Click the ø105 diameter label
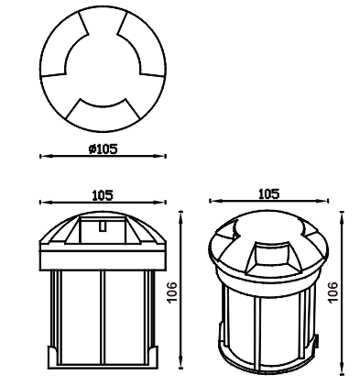tap(103, 149)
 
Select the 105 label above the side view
tap(103, 195)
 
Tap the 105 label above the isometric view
tap(269, 193)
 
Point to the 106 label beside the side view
tap(172, 292)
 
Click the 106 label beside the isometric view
tap(333, 292)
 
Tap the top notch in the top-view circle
tap(103, 20)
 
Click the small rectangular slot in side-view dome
tap(103, 226)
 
